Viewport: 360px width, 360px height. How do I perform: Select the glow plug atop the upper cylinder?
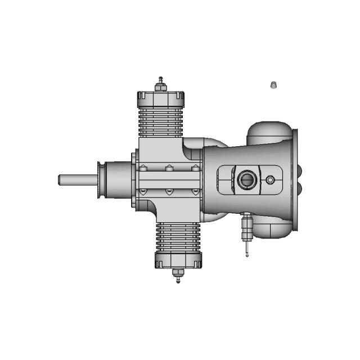tap(161, 83)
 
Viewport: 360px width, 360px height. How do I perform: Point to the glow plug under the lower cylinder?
tap(178, 275)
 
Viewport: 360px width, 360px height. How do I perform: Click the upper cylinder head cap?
tap(161, 100)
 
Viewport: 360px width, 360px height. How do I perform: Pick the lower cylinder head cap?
tap(178, 260)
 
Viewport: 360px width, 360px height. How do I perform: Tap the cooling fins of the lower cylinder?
tap(178, 236)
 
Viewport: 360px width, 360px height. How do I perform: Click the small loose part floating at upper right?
tap(273, 84)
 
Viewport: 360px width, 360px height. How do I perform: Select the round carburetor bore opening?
tap(246, 180)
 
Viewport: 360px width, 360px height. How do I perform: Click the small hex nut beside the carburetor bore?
tap(271, 180)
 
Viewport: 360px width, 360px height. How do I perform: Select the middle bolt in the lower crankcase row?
tap(168, 192)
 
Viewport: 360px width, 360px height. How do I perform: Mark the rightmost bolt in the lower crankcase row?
tap(195, 192)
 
